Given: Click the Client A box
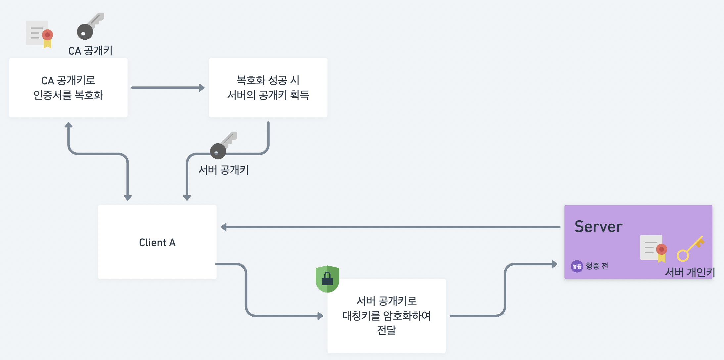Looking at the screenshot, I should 157,242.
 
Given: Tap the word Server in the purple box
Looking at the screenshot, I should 598,227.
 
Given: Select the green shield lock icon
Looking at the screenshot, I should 327,279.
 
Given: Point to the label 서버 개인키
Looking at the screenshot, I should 690,272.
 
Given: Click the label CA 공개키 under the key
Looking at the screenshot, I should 90,51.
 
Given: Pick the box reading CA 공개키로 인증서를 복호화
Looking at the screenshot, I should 68,88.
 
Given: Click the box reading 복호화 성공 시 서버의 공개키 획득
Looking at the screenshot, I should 268,88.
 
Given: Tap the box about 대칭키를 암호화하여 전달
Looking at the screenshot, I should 386,315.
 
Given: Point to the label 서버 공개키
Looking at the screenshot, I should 223,170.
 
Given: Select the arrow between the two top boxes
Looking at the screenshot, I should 168,88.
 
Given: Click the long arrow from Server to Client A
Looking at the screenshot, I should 390,227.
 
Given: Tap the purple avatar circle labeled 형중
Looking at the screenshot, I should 577,266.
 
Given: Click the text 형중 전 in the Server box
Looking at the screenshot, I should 597,266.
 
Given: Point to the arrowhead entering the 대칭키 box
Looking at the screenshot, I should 320,316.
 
